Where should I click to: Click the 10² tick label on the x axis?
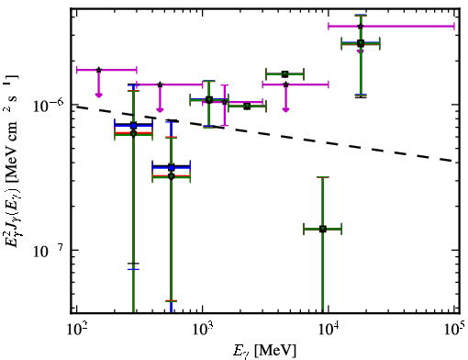pyautogui.click(x=76, y=329)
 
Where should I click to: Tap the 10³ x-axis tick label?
pyautogui.click(x=202, y=329)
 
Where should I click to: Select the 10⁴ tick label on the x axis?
pyautogui.click(x=329, y=329)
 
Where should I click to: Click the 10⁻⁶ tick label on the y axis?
pyautogui.click(x=49, y=106)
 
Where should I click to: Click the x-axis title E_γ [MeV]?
pyautogui.click(x=264, y=351)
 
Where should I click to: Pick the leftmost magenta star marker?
pyautogui.click(x=98, y=70)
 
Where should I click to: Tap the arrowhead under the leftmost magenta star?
pyautogui.click(x=98, y=96)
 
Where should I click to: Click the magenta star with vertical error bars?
pyautogui.click(x=225, y=102)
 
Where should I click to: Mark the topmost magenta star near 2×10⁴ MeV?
pyautogui.click(x=361, y=26)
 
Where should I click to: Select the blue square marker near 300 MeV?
pyautogui.click(x=133, y=126)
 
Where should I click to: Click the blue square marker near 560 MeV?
pyautogui.click(x=172, y=167)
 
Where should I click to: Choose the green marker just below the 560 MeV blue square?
pyautogui.click(x=172, y=176)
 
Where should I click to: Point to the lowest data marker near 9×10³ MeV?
pyautogui.click(x=323, y=229)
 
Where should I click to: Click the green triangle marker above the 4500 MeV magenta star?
pyautogui.click(x=285, y=74)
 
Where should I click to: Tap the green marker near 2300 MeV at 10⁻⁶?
pyautogui.click(x=247, y=107)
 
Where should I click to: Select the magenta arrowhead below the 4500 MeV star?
pyautogui.click(x=285, y=109)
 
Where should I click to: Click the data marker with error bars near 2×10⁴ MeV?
pyautogui.click(x=361, y=43)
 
